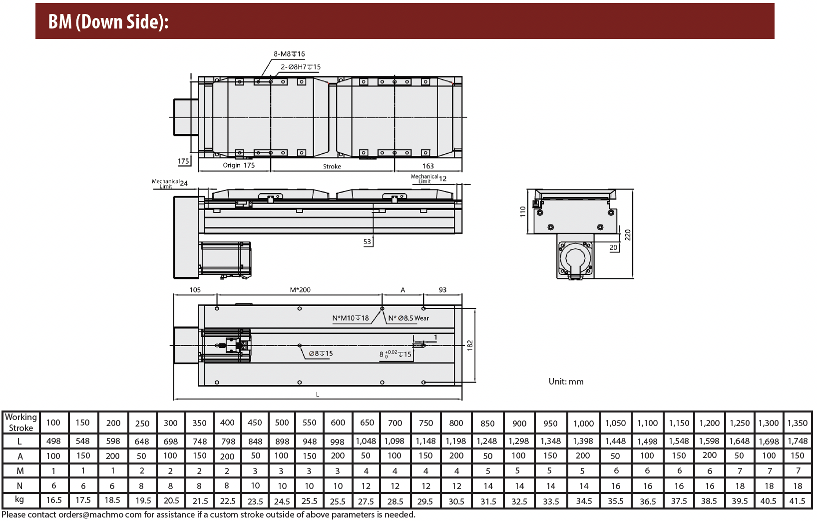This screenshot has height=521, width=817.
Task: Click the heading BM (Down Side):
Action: point(108,21)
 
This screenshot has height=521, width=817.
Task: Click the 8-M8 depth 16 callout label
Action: point(289,54)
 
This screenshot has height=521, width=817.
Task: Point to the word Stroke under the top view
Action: point(332,166)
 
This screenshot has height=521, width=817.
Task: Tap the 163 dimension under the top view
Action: point(428,166)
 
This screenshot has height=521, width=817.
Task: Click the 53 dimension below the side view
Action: point(367,241)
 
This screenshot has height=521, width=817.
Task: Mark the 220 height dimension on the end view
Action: point(628,235)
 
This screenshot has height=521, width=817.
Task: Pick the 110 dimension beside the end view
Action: point(523,212)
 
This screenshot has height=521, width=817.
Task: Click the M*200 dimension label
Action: point(300,290)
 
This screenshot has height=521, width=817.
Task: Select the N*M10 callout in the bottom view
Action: point(351,318)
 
